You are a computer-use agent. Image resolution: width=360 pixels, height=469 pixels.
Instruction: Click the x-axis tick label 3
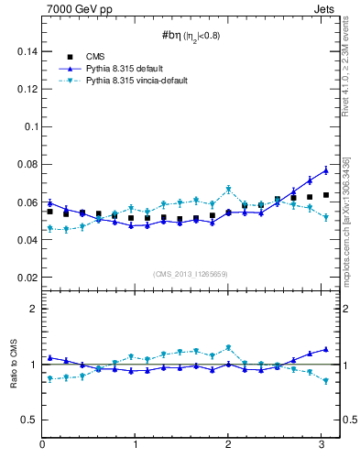(x=322, y=445)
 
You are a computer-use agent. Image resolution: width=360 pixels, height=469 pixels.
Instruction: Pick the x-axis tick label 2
(x=228, y=445)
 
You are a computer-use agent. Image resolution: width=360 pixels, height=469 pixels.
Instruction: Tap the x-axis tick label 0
(x=42, y=445)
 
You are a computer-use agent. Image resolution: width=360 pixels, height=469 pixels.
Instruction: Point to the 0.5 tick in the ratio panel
(x=27, y=420)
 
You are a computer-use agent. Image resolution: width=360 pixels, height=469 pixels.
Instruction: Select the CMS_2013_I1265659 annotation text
(x=190, y=274)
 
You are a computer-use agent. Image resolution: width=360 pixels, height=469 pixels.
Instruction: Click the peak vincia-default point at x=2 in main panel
(x=228, y=190)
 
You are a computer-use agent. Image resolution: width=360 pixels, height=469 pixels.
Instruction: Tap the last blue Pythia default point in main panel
(x=325, y=170)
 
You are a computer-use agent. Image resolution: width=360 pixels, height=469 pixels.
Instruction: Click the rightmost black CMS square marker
(x=325, y=195)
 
